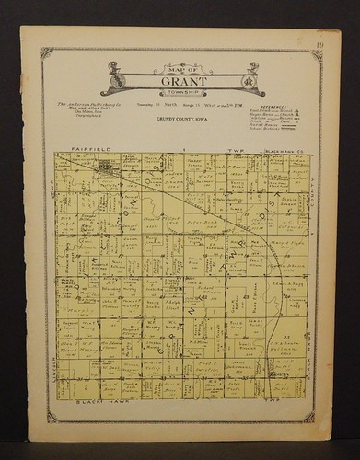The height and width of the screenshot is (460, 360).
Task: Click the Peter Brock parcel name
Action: click(x=192, y=223)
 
